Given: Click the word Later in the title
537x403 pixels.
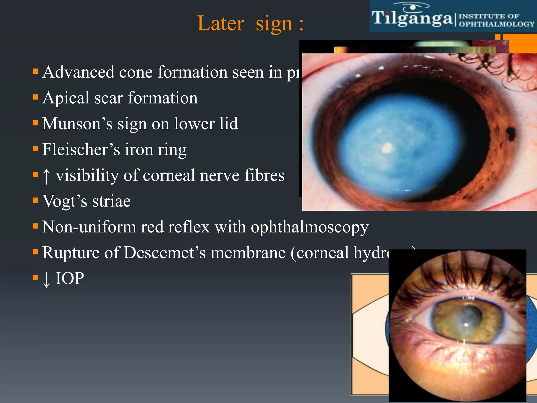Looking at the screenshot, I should (x=221, y=23).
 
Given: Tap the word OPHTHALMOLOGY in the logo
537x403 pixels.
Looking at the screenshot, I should (x=496, y=24).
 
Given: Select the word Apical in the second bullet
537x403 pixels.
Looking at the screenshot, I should (x=66, y=98).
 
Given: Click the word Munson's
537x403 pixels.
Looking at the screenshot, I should (x=77, y=124).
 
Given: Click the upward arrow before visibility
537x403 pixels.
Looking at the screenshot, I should (x=46, y=176).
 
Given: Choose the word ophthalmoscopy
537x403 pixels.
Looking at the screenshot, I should (x=309, y=227).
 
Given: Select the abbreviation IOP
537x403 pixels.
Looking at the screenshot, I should (x=70, y=278).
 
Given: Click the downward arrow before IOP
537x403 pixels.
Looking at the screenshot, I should (x=46, y=279).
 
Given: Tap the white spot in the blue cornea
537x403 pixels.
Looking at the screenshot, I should (x=386, y=148).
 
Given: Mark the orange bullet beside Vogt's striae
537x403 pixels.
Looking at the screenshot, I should (x=35, y=200).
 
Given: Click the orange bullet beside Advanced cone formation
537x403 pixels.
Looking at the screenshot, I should (x=35, y=71).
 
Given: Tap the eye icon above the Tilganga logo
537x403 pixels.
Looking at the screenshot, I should (x=412, y=7).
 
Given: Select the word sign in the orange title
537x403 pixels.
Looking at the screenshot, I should (x=274, y=23).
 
